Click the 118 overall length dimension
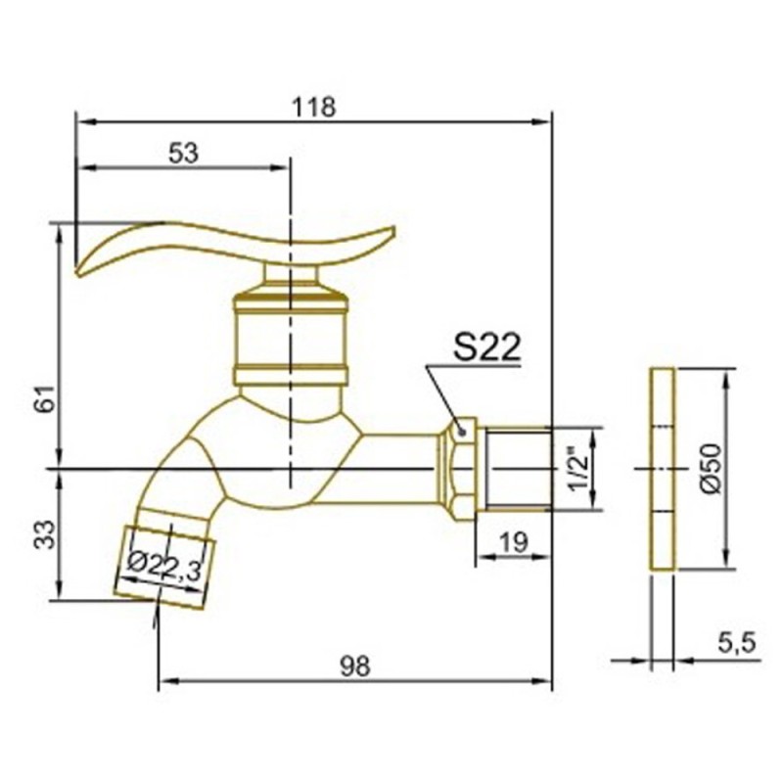(314, 108)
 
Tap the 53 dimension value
(183, 153)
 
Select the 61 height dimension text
(46, 398)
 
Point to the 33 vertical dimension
(46, 533)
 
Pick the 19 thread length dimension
(513, 542)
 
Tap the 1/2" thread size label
(579, 469)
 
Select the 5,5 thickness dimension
(737, 643)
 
